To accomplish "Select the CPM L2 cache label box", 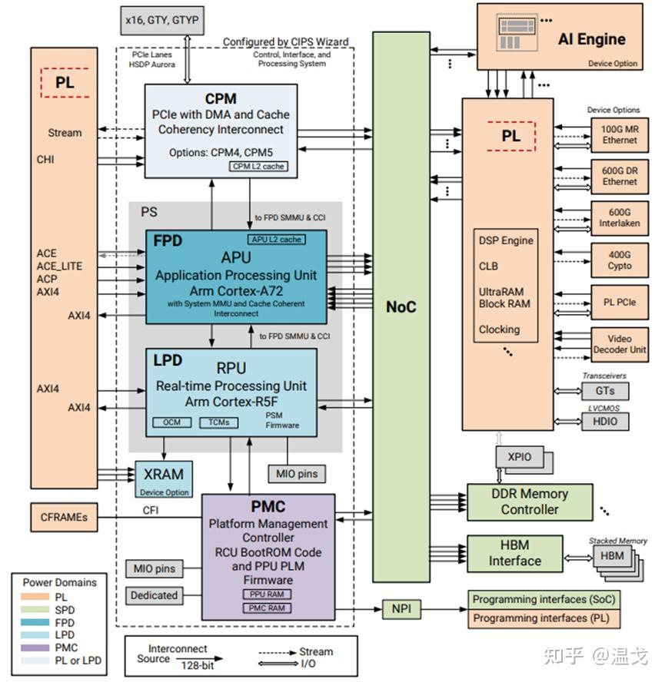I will tap(258, 166).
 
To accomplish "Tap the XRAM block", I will tap(162, 478).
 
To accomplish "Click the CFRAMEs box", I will tap(64, 518).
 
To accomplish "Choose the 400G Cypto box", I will tap(619, 260).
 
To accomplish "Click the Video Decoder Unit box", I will tap(619, 344).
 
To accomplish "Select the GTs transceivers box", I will tap(604, 390).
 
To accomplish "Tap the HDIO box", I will tap(604, 421).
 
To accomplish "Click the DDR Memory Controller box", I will tap(530, 502).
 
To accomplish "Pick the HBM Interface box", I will tap(514, 554).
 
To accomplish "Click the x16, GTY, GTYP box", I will tap(163, 20).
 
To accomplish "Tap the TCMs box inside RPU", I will tap(218, 422).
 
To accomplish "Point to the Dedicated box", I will tap(154, 595).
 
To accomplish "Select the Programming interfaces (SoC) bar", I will tap(544, 599).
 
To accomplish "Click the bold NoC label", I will tap(401, 307).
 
